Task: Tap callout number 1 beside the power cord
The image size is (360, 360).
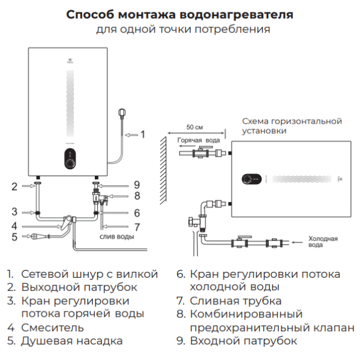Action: coord(142,134)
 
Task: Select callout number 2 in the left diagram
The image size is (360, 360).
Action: coord(14,187)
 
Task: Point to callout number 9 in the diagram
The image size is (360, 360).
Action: coord(137,184)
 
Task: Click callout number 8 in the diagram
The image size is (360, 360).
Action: coord(137,196)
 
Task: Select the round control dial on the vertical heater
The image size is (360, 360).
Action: coord(69,161)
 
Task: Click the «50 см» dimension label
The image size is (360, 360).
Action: coord(194,128)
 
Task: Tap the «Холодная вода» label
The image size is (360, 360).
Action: coord(322,241)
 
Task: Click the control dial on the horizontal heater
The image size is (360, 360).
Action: coord(247,179)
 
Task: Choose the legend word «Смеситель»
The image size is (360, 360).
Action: coord(52,328)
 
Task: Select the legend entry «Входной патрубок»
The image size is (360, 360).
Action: coord(243,341)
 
